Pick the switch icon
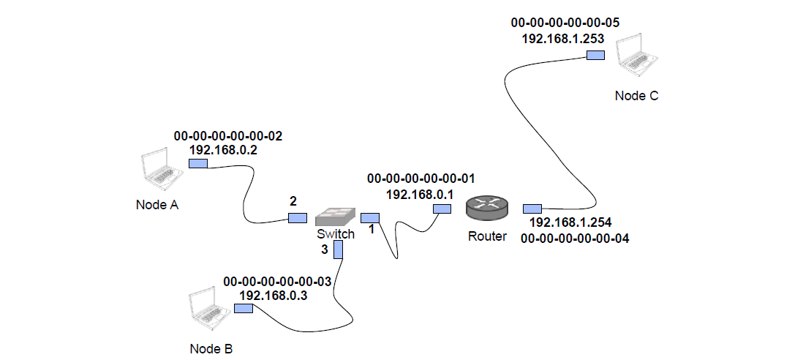point(336,217)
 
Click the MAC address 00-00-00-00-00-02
point(227,136)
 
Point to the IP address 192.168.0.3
point(274,295)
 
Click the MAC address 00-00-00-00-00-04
point(574,238)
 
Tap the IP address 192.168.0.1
point(420,194)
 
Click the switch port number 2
point(293,200)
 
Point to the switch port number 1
point(372,229)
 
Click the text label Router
point(486,236)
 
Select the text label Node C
point(636,96)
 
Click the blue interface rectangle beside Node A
point(198,163)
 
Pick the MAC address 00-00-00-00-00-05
point(565,23)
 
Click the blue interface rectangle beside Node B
point(243,309)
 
